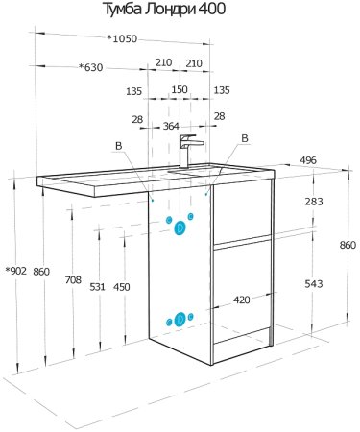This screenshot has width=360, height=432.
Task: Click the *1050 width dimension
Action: click(x=122, y=38)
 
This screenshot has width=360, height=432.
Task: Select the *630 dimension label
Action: click(x=91, y=67)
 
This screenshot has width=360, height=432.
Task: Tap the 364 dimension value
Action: click(x=171, y=126)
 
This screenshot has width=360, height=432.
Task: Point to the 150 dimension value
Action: click(x=180, y=89)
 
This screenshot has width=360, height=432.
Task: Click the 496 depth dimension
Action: click(x=308, y=160)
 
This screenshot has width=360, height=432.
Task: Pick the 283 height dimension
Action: click(x=314, y=202)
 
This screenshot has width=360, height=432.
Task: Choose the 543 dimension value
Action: click(x=314, y=283)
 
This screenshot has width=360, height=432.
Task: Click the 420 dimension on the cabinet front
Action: click(x=242, y=300)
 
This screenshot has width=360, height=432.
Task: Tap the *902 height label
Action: click(x=16, y=271)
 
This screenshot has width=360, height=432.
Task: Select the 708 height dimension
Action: click(x=73, y=280)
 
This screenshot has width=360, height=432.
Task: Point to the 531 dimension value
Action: click(x=97, y=287)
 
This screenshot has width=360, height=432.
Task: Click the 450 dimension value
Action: click(x=122, y=287)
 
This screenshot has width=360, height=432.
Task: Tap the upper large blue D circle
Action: click(x=180, y=228)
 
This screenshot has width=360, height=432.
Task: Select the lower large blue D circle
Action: click(x=180, y=319)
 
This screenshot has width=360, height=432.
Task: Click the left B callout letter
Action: click(x=118, y=146)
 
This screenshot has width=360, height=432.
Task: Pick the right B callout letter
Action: click(x=245, y=138)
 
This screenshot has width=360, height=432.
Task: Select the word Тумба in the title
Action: click(x=122, y=9)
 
